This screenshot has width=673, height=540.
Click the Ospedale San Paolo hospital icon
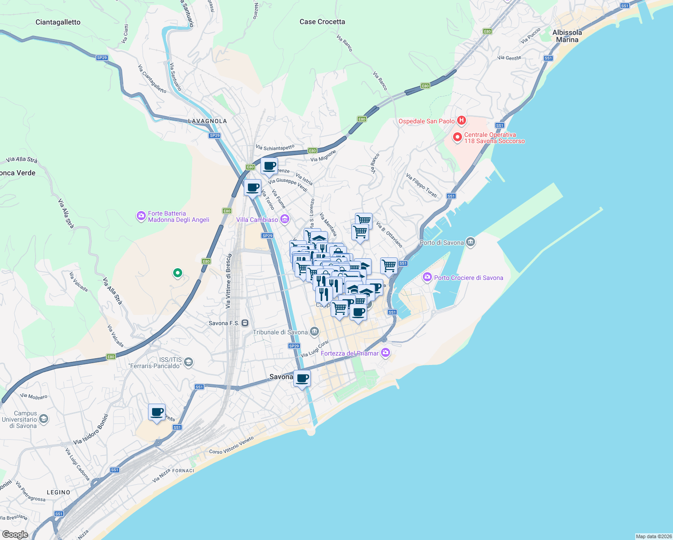[461, 121]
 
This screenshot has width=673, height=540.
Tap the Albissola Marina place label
[567, 36]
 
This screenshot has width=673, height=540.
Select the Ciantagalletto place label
[58, 22]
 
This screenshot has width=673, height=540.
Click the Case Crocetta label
[322, 22]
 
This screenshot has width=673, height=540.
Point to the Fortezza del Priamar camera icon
[385, 353]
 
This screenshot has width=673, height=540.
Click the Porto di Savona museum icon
[471, 242]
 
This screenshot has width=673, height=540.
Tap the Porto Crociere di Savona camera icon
[427, 277]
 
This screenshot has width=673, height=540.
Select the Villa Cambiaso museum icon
[284, 219]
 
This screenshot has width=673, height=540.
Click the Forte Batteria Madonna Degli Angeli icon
[141, 216]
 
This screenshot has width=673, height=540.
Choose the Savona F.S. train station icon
[245, 323]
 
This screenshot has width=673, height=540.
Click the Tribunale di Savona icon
[314, 332]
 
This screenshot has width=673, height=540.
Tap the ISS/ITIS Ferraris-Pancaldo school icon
[188, 362]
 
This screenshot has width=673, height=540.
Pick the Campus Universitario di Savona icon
[44, 419]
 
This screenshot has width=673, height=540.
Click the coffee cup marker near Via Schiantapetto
[269, 166]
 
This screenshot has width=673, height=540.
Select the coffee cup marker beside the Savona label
[302, 378]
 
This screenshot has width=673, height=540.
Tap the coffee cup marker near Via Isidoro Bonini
[157, 412]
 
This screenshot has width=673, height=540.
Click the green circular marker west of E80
[178, 273]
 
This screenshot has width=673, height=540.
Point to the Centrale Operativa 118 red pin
[458, 137]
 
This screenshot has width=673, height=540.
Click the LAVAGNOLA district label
[207, 121]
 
